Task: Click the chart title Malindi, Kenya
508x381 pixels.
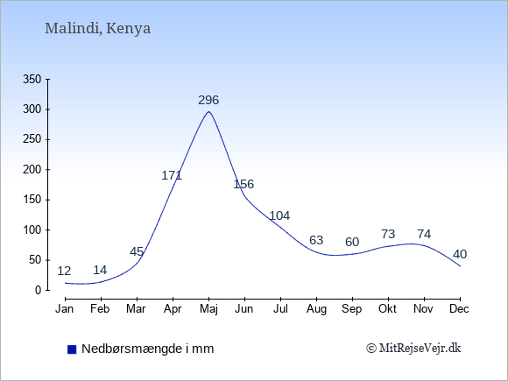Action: click(97, 29)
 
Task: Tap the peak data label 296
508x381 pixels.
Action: click(208, 100)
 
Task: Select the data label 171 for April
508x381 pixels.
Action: click(172, 175)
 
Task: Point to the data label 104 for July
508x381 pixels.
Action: click(279, 215)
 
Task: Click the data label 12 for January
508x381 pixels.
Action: click(64, 271)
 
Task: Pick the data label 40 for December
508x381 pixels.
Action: click(460, 254)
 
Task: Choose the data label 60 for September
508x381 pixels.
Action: click(352, 242)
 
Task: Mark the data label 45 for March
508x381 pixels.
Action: click(137, 251)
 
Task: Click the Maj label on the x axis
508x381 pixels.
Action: click(208, 309)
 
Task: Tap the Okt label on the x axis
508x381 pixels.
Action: click(387, 309)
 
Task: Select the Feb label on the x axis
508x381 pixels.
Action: click(100, 309)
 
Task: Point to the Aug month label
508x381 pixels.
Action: click(316, 309)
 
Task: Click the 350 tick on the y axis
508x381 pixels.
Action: click(32, 79)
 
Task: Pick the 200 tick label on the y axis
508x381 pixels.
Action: click(32, 169)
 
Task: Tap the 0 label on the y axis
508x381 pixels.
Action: click(39, 290)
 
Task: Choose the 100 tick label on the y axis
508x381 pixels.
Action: click(32, 229)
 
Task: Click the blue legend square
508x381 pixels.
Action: click(72, 349)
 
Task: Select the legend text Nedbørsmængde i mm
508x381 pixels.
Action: click(148, 349)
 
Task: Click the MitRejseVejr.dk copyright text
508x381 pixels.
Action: click(413, 349)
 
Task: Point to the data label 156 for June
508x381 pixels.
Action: click(243, 184)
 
